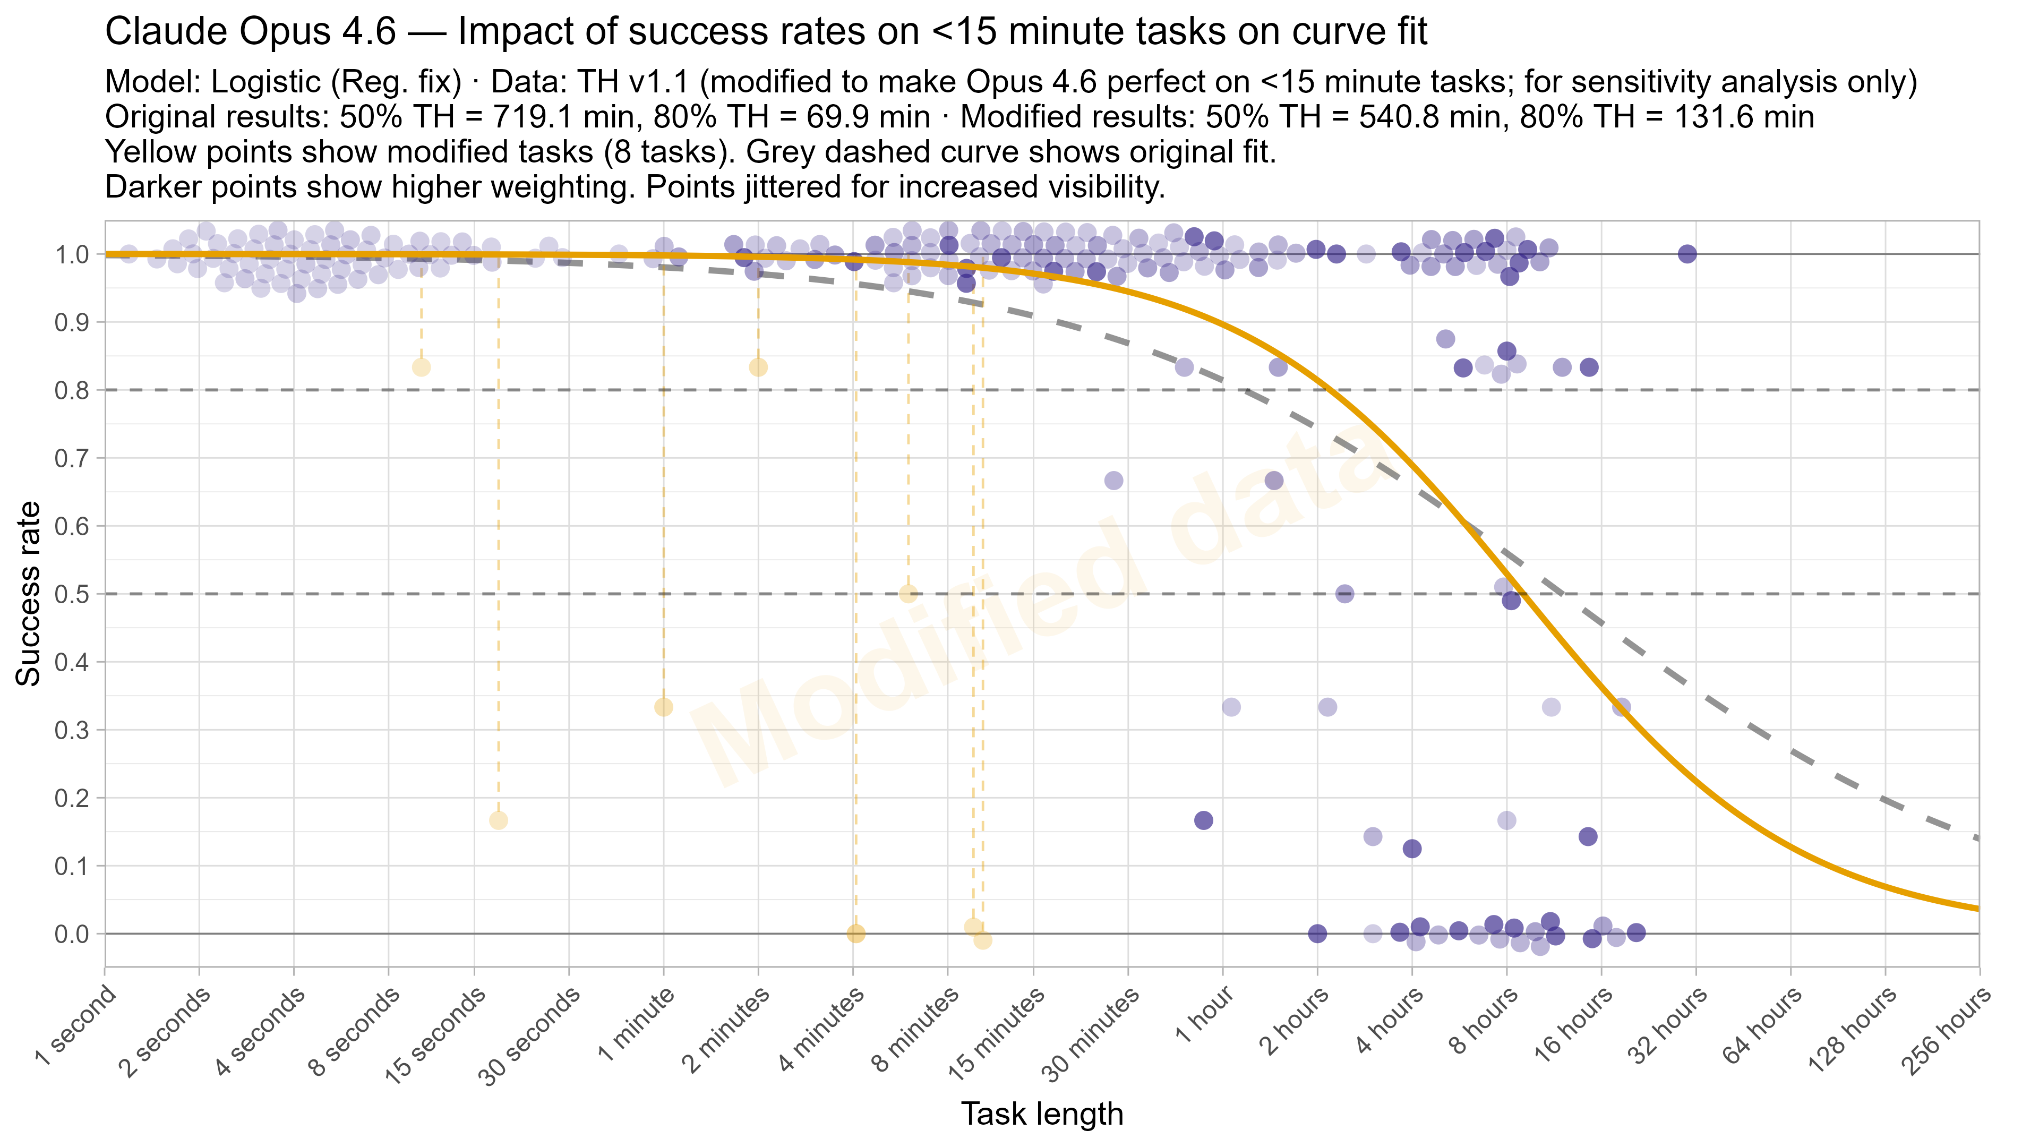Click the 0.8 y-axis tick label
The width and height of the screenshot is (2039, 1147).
click(71, 390)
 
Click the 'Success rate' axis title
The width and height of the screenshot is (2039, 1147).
click(29, 594)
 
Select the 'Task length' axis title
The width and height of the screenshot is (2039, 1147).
click(1042, 1114)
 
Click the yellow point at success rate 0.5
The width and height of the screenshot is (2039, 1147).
click(908, 594)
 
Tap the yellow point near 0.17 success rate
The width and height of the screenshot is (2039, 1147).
click(498, 820)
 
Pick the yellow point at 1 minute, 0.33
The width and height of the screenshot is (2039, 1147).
click(663, 707)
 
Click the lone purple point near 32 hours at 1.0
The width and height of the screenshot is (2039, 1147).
click(1687, 254)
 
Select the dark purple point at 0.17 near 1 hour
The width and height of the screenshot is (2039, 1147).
click(1203, 820)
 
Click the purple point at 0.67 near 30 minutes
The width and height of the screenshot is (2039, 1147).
click(1113, 481)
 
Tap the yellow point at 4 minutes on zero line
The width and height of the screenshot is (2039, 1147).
click(855, 934)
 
